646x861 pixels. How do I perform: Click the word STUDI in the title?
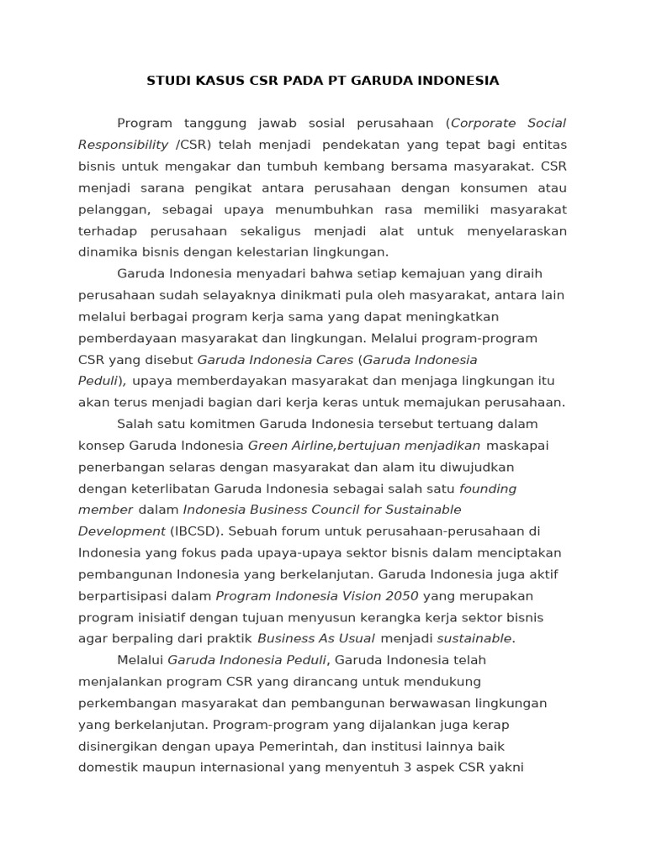[167, 81]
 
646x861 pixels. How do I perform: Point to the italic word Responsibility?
[124, 145]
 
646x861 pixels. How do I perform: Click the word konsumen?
[485, 188]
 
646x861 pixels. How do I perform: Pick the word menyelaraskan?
[516, 230]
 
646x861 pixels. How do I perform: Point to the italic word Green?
[266, 445]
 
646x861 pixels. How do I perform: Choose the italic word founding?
[488, 488]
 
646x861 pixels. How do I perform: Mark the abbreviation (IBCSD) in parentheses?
[194, 531]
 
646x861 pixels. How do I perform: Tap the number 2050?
[401, 595]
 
